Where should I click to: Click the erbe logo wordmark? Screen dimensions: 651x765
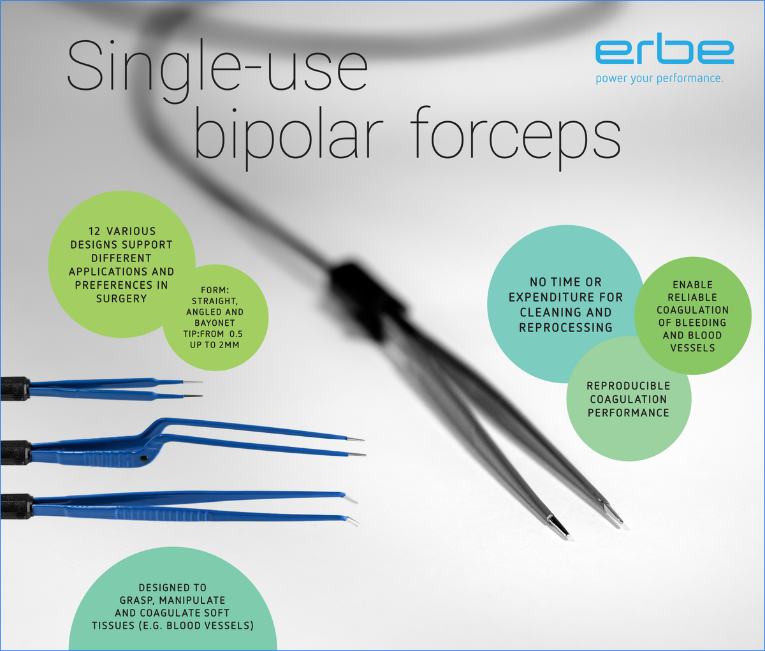[x=664, y=52]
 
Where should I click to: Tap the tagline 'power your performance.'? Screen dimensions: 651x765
[x=659, y=78]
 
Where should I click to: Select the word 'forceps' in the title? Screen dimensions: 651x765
[x=515, y=136]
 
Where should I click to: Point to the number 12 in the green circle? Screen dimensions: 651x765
[x=95, y=231]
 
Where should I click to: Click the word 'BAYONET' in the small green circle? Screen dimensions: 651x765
[x=215, y=323]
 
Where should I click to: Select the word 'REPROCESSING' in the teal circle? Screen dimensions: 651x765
[x=565, y=328]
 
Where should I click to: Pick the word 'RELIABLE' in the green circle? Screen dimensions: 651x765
[x=692, y=298]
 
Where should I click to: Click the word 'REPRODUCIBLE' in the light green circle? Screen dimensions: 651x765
[x=629, y=386]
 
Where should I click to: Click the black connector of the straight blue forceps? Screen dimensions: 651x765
[x=15, y=388]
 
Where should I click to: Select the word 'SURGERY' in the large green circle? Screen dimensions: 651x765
[x=121, y=298]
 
